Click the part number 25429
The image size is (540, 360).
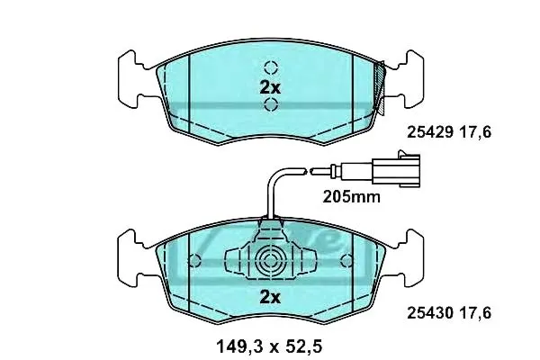[x=430, y=132]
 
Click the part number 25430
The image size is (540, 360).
[x=430, y=313]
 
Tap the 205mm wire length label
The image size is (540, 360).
[x=352, y=197]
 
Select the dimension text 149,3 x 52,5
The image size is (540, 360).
[x=269, y=346]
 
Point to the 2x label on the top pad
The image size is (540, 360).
[x=270, y=88]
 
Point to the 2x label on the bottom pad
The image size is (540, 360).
[x=270, y=297]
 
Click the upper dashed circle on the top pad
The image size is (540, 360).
[x=271, y=67]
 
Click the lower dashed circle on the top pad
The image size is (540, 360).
[x=271, y=104]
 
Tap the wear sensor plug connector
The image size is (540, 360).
[x=396, y=169]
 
